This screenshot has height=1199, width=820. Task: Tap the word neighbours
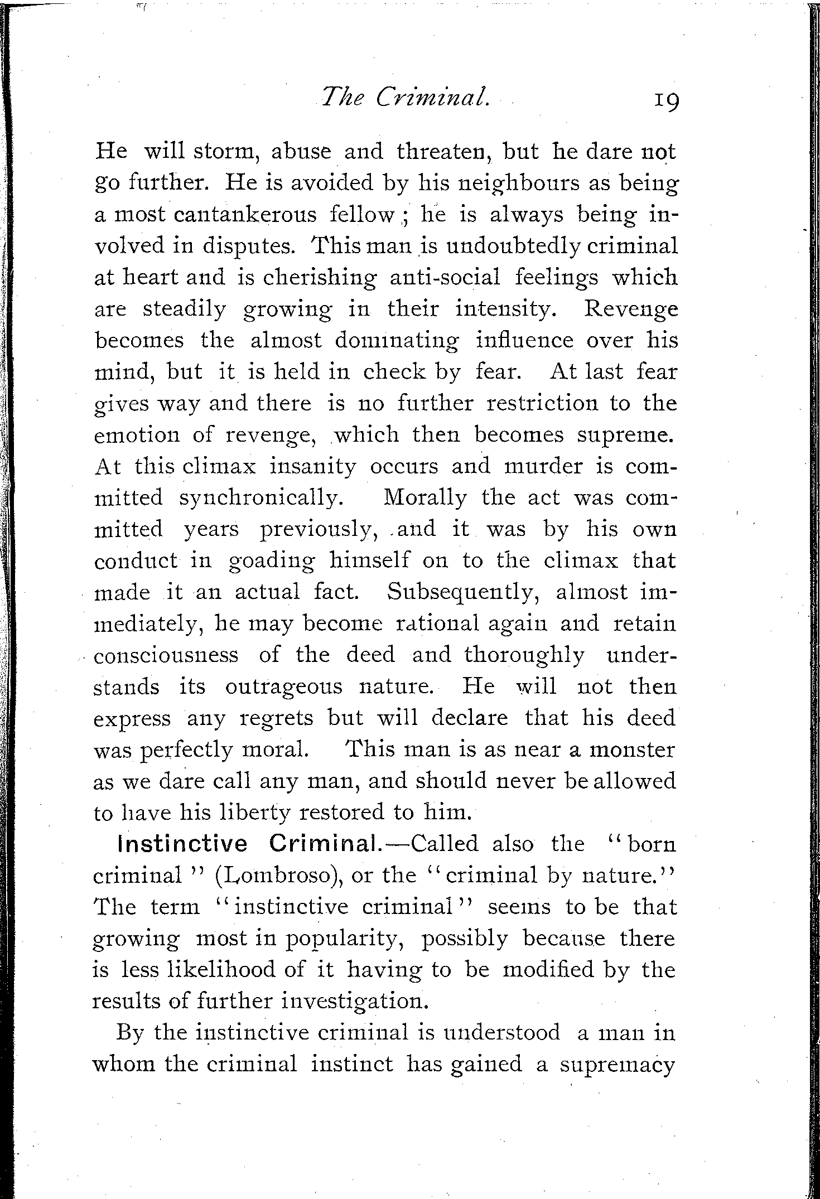518,184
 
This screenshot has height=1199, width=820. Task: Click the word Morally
425,497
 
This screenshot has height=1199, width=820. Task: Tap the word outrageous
283,686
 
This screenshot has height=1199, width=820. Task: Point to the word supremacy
618,1065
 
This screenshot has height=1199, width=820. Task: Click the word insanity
312,466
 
